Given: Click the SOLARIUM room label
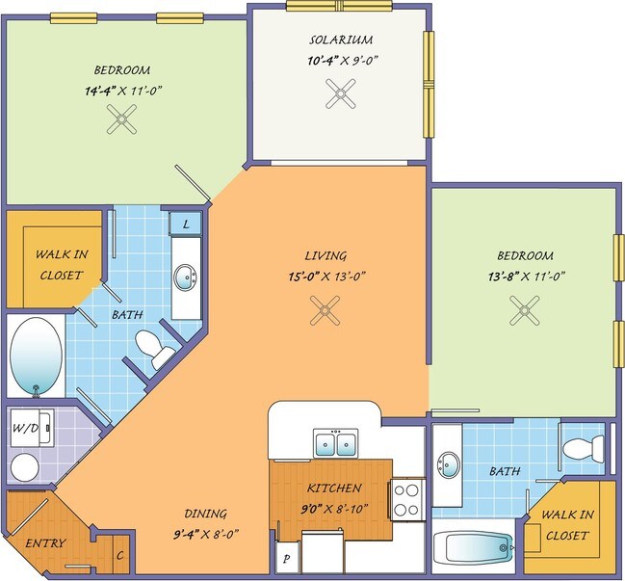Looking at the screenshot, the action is point(341,40).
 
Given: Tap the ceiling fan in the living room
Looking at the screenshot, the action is point(326,310).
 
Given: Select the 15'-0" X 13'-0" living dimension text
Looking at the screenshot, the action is point(327,276).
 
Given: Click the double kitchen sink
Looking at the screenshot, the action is point(336,443).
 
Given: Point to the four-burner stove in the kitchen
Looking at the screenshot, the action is point(406,500).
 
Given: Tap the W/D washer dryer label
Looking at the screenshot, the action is point(26,428).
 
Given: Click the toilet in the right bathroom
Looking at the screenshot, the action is point(584,448).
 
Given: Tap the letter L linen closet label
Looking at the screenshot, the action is point(186,224).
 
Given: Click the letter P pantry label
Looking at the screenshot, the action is point(286,559).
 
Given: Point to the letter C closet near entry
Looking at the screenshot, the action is point(120,556).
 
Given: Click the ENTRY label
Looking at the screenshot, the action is point(45,543).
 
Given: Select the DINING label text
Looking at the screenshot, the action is point(206,514).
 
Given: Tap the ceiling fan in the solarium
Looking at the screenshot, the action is point(340,93).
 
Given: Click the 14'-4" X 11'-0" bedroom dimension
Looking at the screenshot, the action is point(122,91).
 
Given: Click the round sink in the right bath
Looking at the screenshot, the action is point(450,464).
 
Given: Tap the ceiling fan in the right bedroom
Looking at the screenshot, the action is point(525,310).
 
